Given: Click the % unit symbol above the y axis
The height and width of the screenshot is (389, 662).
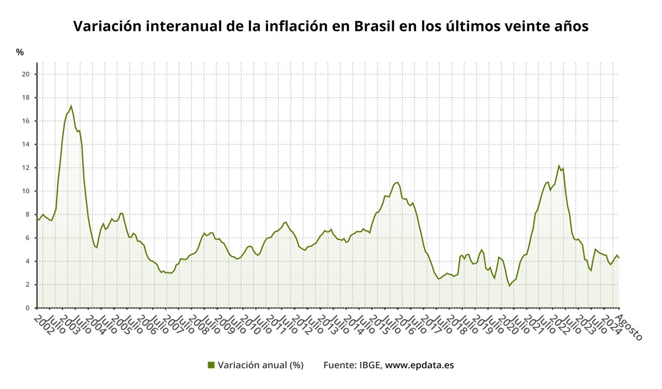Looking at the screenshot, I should (x=20, y=52).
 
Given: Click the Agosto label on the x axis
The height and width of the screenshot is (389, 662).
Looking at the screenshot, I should (x=628, y=327).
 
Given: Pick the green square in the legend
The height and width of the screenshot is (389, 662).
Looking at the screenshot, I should (x=211, y=365).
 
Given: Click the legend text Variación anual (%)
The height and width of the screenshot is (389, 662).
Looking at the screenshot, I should (x=260, y=365).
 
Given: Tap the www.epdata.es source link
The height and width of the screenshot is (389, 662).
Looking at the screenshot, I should (x=419, y=365).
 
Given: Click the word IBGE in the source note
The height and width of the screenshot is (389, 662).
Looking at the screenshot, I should (x=370, y=365).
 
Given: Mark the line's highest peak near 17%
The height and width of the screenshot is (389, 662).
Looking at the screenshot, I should (x=71, y=106).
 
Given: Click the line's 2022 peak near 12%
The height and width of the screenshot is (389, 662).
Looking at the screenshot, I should (x=559, y=166).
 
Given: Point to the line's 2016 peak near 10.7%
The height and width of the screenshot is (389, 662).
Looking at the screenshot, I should (x=397, y=182).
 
